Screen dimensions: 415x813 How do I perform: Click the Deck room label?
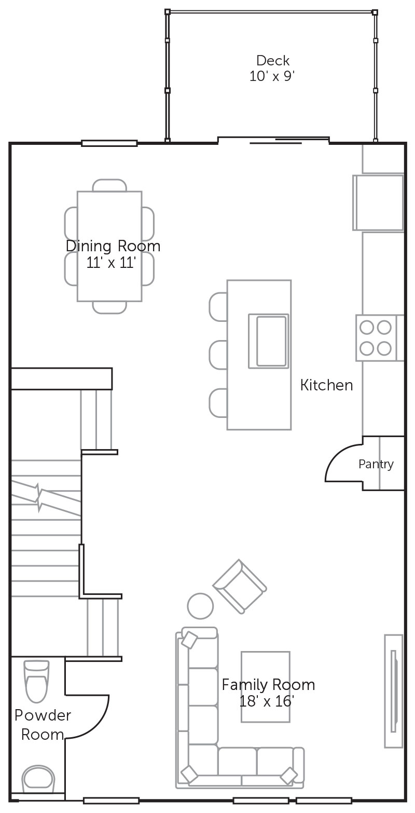[273, 60]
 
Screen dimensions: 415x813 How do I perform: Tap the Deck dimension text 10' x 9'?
[272, 76]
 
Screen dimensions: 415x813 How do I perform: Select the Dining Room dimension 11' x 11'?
[111, 262]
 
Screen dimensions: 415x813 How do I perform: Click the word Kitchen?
[326, 385]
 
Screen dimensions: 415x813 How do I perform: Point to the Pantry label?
[376, 464]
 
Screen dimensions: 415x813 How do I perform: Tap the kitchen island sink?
[269, 341]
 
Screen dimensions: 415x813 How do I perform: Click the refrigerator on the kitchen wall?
[378, 202]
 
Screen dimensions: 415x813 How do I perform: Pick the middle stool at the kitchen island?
[218, 355]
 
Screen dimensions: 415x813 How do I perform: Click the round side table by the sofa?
[200, 606]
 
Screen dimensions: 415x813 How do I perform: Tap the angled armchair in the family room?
[240, 586]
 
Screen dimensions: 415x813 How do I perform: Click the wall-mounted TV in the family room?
[394, 692]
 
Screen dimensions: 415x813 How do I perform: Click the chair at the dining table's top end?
[109, 185]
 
